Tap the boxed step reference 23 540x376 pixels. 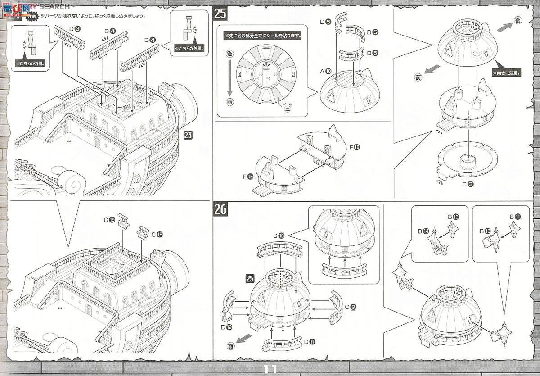click(x=188, y=135)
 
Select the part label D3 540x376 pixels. click(x=76, y=30)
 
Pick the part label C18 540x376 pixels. click(x=157, y=234)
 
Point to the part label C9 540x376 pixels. click(x=351, y=307)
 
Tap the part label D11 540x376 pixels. click(x=309, y=342)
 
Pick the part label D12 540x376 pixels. click(x=226, y=327)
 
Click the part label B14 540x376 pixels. click(x=423, y=231)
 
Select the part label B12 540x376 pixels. click(x=453, y=217)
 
